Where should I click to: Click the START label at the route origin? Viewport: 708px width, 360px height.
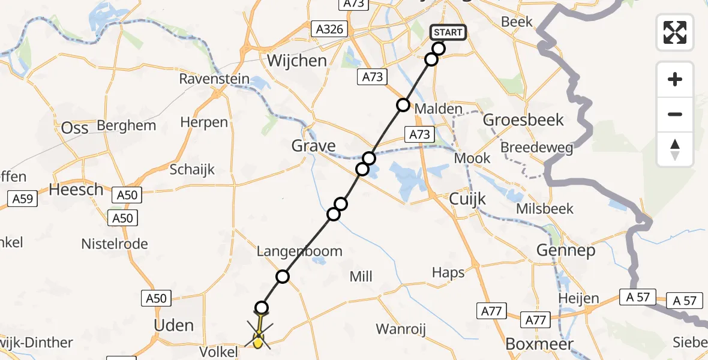[448, 32]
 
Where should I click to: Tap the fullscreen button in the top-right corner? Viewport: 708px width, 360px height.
[675, 32]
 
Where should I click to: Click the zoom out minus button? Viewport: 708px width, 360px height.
[675, 114]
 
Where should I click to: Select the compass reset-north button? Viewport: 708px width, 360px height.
[675, 149]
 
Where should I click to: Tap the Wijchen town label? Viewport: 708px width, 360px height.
[297, 61]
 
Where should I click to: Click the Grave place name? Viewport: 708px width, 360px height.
[313, 146]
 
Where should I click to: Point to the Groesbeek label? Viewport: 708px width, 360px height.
[523, 119]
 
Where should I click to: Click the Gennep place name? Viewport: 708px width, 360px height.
[566, 250]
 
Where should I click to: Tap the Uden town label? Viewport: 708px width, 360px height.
[174, 326]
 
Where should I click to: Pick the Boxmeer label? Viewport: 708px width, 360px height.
[539, 344]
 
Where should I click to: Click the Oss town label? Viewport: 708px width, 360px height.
[75, 127]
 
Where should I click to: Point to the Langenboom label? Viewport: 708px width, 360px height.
[299, 251]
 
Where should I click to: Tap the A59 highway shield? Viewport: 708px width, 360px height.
[23, 199]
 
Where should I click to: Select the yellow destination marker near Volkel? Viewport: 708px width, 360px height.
[258, 342]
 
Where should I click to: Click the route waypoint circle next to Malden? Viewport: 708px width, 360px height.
[403, 106]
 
